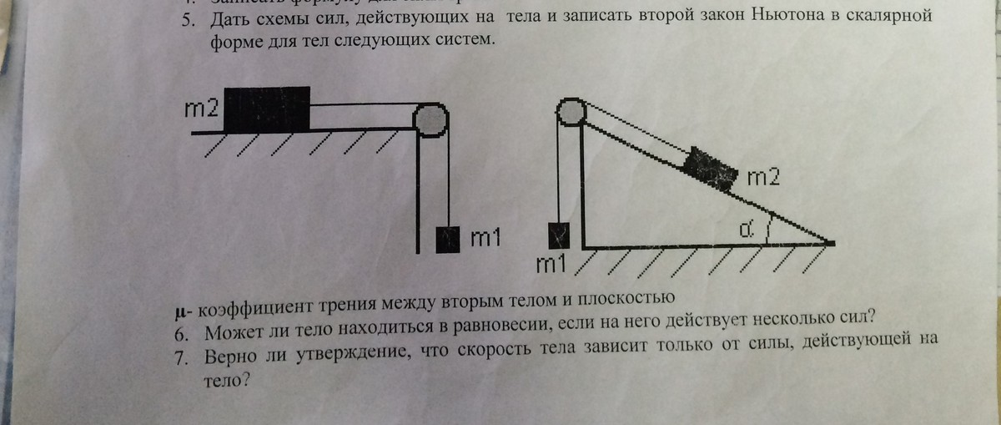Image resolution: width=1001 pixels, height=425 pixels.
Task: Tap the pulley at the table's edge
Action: (431, 121)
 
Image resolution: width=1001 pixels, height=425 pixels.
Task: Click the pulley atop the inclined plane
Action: (570, 111)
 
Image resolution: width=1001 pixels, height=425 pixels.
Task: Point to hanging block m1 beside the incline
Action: (558, 236)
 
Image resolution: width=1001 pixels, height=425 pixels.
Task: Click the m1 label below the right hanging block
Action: (551, 265)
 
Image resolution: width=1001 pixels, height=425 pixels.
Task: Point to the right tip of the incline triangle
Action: (832, 243)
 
